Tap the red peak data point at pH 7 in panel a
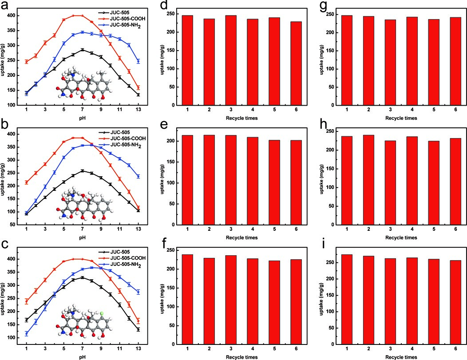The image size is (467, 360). click(82, 16)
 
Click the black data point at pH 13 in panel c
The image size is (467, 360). click(138, 329)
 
